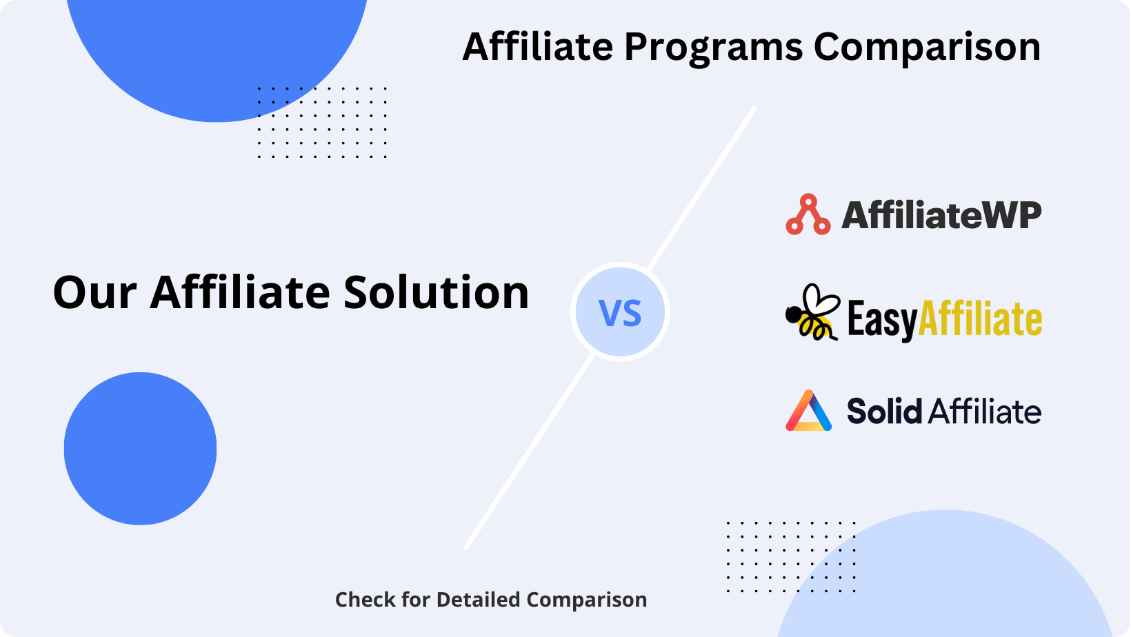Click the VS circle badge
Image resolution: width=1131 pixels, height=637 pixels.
point(620,312)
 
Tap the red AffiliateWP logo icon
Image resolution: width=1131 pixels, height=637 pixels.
point(808,214)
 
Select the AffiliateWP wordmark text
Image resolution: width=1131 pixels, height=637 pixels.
point(941,215)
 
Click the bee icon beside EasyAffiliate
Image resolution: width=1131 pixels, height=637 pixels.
point(812,312)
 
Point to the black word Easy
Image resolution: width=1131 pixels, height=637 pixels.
point(882,320)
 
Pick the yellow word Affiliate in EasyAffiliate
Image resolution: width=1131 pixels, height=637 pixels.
point(980,318)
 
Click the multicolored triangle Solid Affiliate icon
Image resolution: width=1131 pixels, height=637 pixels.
point(808,410)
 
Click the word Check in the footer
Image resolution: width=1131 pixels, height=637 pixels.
point(365,600)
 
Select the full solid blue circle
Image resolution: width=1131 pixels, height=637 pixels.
point(141,448)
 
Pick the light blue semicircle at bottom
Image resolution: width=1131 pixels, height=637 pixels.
point(944,580)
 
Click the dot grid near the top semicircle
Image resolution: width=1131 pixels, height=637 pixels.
point(322,122)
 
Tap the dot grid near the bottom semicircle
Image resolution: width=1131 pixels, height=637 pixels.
point(791,556)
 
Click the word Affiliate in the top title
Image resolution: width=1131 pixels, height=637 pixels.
point(538,46)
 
